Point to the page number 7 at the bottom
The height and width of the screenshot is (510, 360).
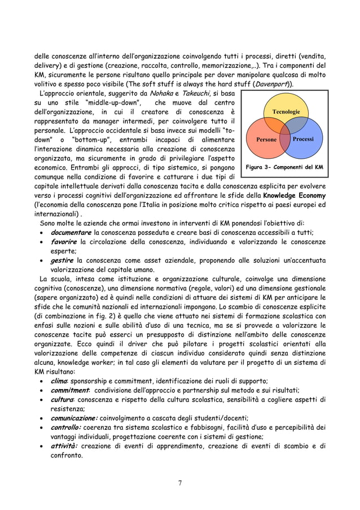click(180, 481)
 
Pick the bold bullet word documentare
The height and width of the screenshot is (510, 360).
click(71, 233)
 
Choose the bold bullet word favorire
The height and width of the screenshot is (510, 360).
click(64, 242)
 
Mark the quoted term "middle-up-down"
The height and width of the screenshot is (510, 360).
click(109, 103)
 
